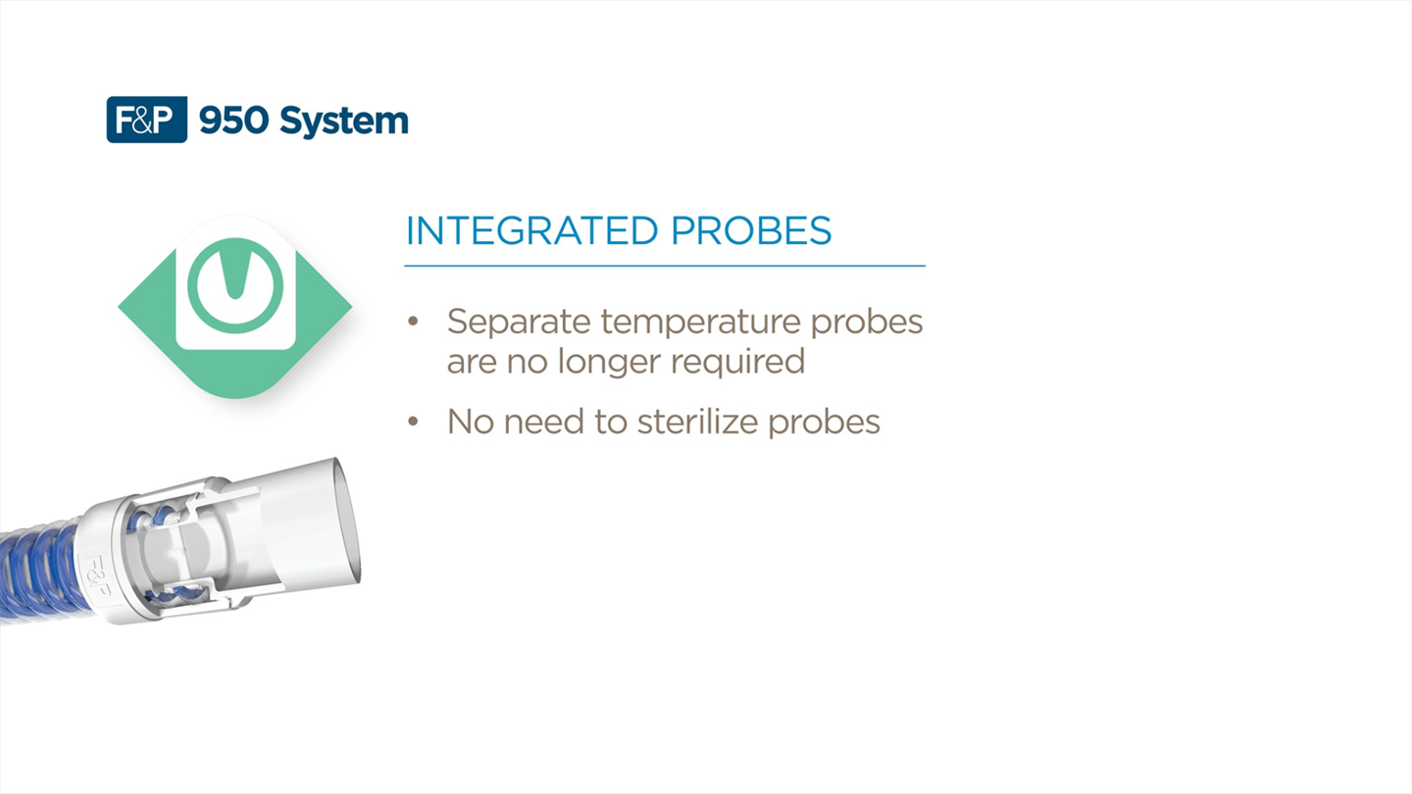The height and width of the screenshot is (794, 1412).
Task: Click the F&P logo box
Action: tap(147, 120)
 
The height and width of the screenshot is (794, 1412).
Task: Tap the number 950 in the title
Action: tap(233, 121)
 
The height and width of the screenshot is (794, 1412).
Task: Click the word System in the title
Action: tap(344, 123)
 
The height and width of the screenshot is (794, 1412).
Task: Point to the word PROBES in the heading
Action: tap(751, 230)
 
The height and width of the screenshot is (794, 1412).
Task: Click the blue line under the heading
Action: tap(665, 266)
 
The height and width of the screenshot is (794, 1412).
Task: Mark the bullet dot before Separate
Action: tap(413, 322)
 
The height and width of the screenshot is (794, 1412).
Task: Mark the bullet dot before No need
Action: tap(413, 421)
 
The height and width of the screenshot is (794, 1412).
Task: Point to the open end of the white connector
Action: tap(347, 521)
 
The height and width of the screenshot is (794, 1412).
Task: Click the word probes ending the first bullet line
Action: tap(867, 323)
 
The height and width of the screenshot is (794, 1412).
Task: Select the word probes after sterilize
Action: tap(824, 422)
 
